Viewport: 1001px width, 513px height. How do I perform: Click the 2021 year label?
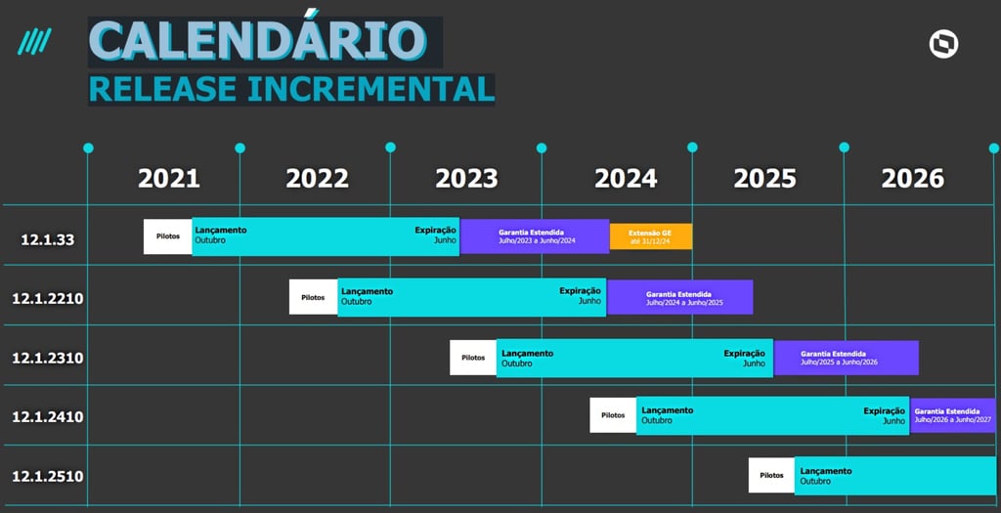pos(169,179)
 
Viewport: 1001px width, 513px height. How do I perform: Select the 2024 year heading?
pos(626,179)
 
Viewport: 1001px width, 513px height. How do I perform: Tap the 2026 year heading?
pos(913,179)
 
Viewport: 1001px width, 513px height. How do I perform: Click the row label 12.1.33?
pos(48,240)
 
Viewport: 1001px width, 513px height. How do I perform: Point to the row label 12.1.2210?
pos(48,299)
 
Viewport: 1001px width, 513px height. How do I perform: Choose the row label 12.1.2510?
pos(48,477)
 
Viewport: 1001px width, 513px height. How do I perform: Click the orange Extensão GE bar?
pos(651,236)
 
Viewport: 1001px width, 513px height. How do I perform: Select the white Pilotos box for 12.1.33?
pos(168,236)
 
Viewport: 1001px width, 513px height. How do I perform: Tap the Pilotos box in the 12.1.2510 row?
pos(772,475)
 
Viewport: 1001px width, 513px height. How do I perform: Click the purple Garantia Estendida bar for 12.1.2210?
pos(680,297)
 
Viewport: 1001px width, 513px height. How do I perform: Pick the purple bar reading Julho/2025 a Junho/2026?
pos(847,358)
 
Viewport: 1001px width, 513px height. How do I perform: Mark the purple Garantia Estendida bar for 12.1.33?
pos(535,236)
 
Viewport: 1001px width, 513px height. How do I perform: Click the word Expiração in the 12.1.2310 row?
pos(744,354)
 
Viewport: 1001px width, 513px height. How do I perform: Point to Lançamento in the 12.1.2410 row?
pos(667,410)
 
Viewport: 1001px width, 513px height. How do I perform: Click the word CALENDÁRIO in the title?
pos(258,41)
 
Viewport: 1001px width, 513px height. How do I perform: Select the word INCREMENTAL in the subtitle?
pos(370,89)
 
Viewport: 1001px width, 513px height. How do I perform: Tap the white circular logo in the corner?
pos(943,45)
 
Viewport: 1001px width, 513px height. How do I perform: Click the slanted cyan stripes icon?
pos(34,41)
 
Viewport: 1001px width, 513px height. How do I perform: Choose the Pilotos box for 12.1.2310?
pos(473,358)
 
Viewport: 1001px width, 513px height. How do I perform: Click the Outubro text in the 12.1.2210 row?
pos(356,302)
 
